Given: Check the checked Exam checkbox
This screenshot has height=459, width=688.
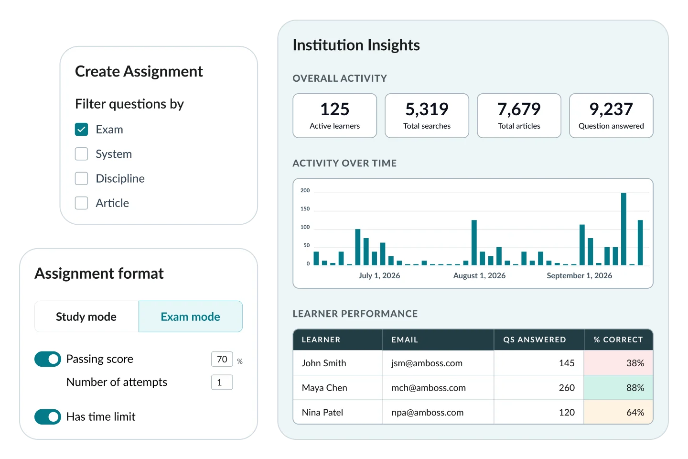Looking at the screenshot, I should pos(82,130).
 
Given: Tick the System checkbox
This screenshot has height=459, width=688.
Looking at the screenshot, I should pos(82,154).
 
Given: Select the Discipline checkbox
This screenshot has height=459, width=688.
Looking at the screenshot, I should pos(82,178).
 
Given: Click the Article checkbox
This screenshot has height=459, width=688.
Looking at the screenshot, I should pos(82,203).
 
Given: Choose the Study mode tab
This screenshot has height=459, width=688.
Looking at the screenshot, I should pos(86,317).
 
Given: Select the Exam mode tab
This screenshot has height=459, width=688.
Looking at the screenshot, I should pos(190,317).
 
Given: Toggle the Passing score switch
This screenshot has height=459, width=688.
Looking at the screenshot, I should pos(48,359).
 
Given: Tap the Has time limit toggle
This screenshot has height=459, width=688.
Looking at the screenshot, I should pos(48,417).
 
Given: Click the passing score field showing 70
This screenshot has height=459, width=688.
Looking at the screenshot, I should pos(222,359).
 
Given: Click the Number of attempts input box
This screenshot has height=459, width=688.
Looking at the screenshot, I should pos(222,382).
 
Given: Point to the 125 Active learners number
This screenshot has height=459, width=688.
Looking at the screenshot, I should pos(334,109).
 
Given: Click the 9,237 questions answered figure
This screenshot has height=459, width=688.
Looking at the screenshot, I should pos(611,109).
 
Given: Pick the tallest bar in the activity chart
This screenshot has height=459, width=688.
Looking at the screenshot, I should pos(623,229).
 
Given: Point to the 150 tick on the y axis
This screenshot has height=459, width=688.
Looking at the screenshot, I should pos(305,209).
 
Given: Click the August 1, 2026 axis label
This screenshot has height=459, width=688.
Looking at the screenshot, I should pos(479,276).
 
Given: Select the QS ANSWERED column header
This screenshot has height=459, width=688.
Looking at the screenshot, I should pos(534,340).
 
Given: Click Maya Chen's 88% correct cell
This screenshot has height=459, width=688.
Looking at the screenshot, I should pos(618,388).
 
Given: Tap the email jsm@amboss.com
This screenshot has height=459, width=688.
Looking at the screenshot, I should pos(427,363).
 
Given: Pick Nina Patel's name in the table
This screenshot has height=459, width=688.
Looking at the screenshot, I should pos(322,413).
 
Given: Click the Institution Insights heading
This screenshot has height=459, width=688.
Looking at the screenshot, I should pos(356,45).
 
